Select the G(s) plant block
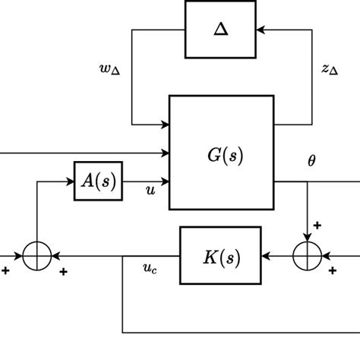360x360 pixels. (221, 152)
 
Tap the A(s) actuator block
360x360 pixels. (98, 181)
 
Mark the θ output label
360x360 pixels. (311, 161)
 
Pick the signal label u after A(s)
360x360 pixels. (150, 191)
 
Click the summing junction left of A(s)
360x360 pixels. (36, 256)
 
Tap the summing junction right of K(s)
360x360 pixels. (307, 256)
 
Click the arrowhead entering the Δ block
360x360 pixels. (261, 30)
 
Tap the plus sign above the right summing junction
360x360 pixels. (317, 226)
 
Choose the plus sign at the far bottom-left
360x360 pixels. (6, 270)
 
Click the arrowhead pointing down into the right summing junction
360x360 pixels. (307, 236)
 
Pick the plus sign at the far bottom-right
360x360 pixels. (332, 270)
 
